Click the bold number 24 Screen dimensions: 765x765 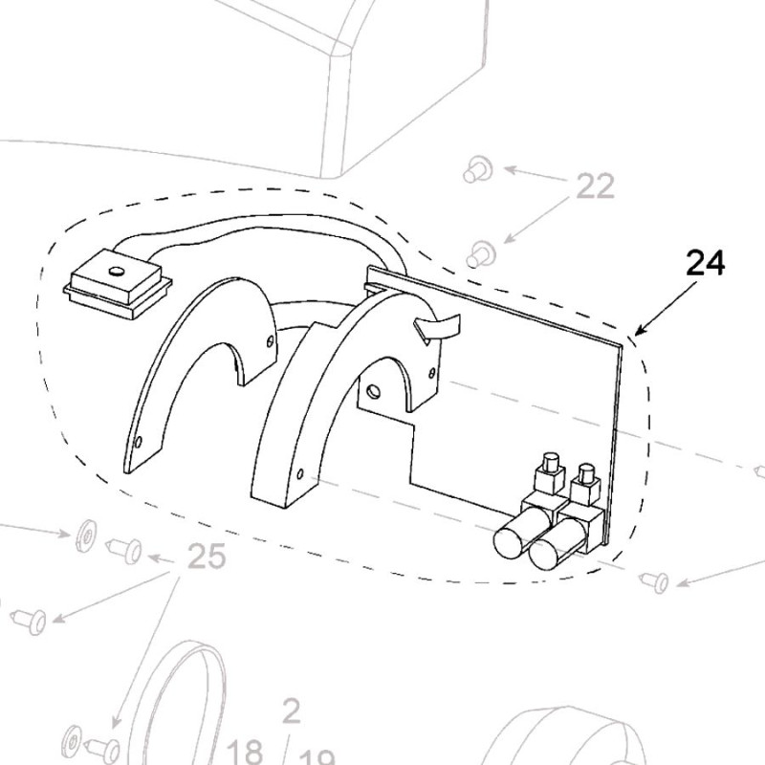(706, 263)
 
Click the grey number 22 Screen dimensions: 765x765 (595, 186)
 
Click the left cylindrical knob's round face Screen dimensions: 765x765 (508, 542)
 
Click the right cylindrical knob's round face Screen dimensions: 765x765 (543, 556)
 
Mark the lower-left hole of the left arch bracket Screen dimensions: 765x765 (140, 442)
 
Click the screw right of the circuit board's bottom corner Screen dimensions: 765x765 (656, 579)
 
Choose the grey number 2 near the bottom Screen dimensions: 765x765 (292, 710)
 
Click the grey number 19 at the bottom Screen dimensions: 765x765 (319, 753)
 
